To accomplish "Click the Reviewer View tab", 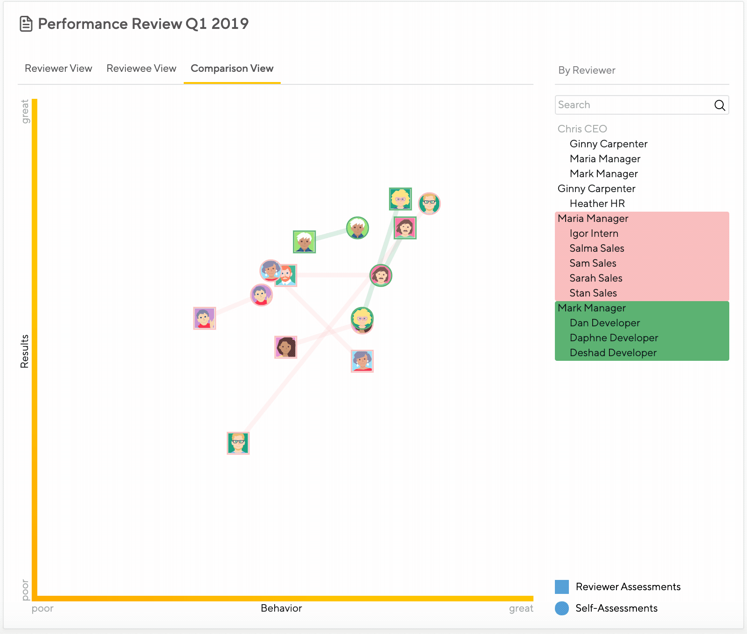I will click(58, 69).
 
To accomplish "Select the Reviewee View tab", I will click(141, 69).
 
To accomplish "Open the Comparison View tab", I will click(232, 69).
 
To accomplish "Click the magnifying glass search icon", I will click(719, 105).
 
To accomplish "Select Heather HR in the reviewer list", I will click(597, 204).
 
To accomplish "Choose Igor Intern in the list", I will click(594, 234).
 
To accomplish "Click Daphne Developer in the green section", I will click(614, 338).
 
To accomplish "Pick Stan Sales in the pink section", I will click(593, 293).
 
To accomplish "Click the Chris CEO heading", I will click(582, 129).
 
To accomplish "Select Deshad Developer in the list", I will click(613, 353).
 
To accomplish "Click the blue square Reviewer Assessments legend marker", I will click(562, 587).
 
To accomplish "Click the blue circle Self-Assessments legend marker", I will click(562, 608).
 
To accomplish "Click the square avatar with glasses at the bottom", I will click(238, 443).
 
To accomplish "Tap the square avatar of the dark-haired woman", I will click(286, 347).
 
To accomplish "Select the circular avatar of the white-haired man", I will click(358, 228).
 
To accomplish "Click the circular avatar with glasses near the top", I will click(429, 203).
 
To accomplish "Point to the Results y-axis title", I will click(25, 351).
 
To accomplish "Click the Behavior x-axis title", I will click(281, 608).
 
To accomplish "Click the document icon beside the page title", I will click(26, 24).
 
